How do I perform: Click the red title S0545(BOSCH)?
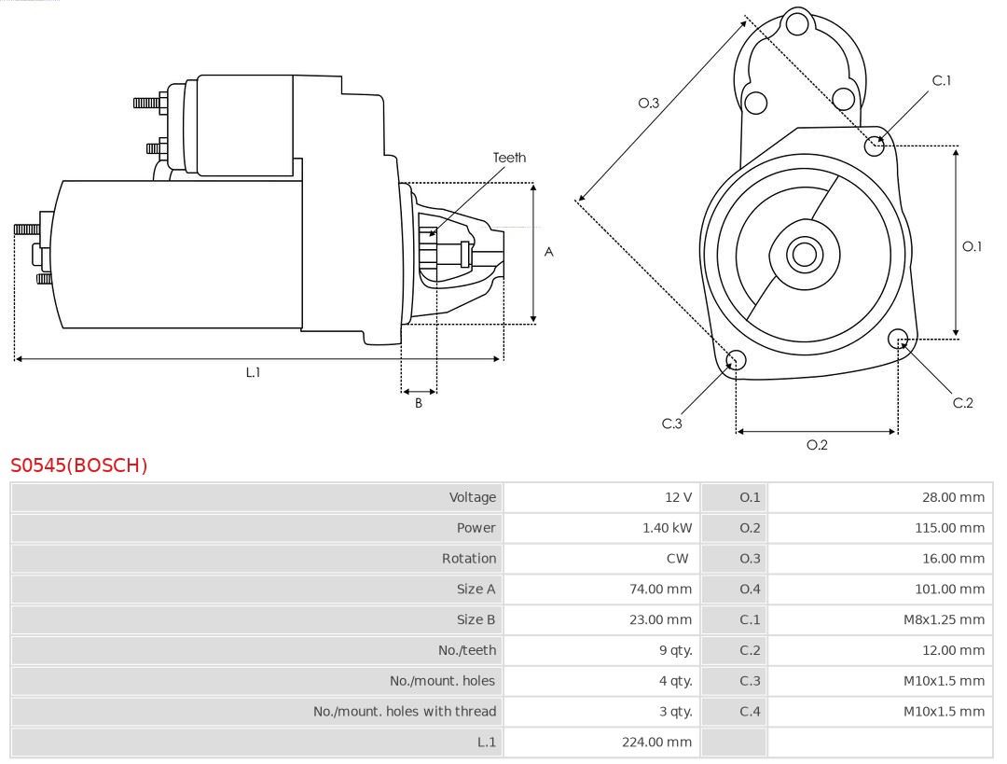79,465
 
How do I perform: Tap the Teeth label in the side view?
509,158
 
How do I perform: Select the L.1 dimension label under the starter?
253,372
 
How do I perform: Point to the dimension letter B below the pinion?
419,404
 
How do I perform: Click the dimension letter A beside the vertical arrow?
549,252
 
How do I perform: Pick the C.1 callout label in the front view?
942,80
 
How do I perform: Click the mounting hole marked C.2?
899,338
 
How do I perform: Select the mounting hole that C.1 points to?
875,145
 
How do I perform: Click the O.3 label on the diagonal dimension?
649,104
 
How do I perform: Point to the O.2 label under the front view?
817,445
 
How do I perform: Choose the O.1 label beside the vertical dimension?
972,246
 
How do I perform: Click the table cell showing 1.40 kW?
668,528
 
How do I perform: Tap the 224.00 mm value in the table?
657,743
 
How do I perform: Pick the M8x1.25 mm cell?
944,619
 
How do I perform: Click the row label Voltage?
473,497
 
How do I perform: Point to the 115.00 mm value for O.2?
949,528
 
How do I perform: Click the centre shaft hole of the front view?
802,254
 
